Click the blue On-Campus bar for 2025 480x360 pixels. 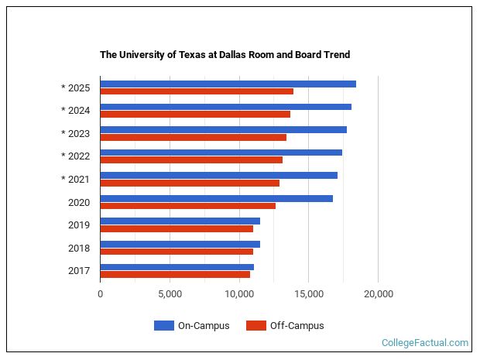[x=228, y=84]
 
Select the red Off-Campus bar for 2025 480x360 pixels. [x=197, y=91]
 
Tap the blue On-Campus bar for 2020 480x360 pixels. [x=216, y=198]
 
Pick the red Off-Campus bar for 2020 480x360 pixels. [x=187, y=206]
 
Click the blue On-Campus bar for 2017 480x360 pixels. [x=177, y=267]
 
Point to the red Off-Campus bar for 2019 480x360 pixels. [x=177, y=228]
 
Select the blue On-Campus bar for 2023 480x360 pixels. [x=223, y=129]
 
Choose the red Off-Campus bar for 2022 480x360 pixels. [x=191, y=160]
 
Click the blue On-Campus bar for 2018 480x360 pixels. [x=180, y=244]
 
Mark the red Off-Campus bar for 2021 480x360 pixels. [x=190, y=183]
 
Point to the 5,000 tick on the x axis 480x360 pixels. [x=170, y=294]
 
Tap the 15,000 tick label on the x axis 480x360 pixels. [x=308, y=294]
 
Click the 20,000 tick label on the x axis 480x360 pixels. [x=378, y=294]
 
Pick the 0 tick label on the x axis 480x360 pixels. [x=100, y=294]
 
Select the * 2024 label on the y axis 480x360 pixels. [x=76, y=110]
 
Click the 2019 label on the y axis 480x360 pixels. [x=80, y=225]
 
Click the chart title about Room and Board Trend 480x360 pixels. [x=225, y=55]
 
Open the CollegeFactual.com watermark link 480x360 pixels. [x=425, y=343]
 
